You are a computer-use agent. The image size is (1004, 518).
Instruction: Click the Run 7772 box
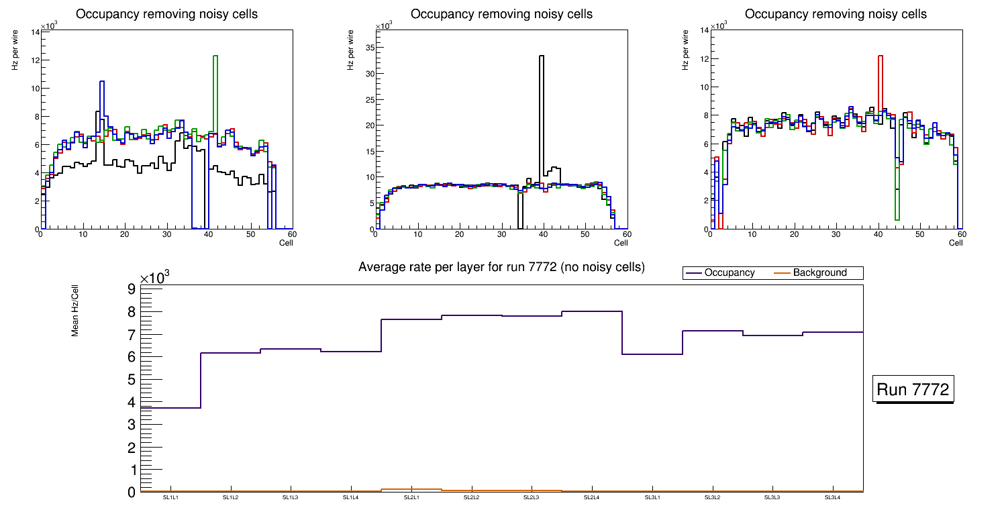[x=913, y=389]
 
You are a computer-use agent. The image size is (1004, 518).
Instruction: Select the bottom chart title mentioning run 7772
[x=501, y=267]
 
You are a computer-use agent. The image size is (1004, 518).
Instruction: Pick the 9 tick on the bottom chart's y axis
[x=131, y=289]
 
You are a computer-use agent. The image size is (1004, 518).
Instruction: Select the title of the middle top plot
[x=501, y=14]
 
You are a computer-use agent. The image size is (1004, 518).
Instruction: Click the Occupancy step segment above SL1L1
[x=170, y=407]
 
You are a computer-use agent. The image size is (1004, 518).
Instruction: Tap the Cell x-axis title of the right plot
[x=956, y=243]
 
